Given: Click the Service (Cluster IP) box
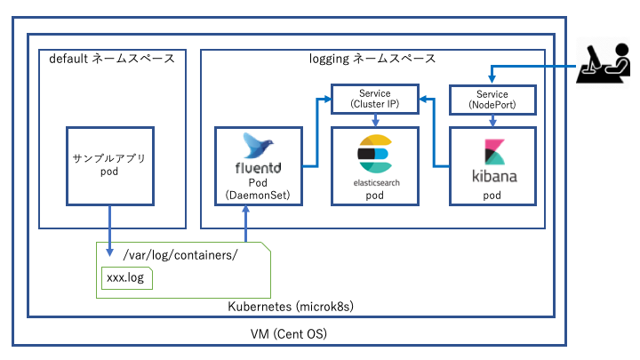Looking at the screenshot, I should [x=374, y=98].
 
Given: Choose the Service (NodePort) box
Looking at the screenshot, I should [x=493, y=98].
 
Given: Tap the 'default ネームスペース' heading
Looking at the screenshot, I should [x=112, y=60].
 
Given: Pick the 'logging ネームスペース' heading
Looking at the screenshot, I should [x=372, y=60].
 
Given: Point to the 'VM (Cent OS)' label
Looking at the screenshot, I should [x=288, y=333].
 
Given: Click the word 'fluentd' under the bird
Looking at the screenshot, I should [x=259, y=166].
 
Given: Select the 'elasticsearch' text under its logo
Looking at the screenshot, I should [x=374, y=180].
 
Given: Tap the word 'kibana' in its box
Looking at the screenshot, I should [x=493, y=174].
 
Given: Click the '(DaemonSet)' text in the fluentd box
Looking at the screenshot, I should [x=259, y=194].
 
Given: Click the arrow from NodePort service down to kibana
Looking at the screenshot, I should [x=493, y=119].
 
